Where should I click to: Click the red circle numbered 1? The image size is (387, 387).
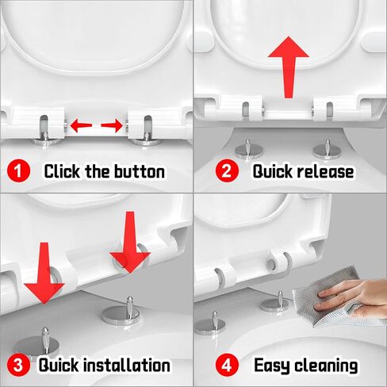point(18,171)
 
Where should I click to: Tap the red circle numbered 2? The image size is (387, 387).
point(227,171)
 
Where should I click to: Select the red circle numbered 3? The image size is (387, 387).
point(18,365)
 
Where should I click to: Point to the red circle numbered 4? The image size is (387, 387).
point(227,365)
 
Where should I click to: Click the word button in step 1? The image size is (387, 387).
point(140,171)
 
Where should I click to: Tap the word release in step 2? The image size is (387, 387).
point(325,171)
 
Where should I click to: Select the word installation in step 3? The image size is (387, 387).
point(127,366)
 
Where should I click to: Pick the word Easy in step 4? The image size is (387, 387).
point(272,366)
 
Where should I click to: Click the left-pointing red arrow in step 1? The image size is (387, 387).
point(81,125)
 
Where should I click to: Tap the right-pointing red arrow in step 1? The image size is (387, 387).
point(112,125)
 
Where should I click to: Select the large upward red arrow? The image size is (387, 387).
point(289,67)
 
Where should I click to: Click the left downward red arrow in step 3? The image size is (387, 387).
point(44,272)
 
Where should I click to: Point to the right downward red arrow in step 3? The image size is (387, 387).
point(130,242)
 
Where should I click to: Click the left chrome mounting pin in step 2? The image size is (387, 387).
point(249,150)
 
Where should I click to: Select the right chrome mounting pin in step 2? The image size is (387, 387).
point(327,150)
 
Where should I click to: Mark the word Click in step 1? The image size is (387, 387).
point(62,171)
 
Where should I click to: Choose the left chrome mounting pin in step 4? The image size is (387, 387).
point(211,324)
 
